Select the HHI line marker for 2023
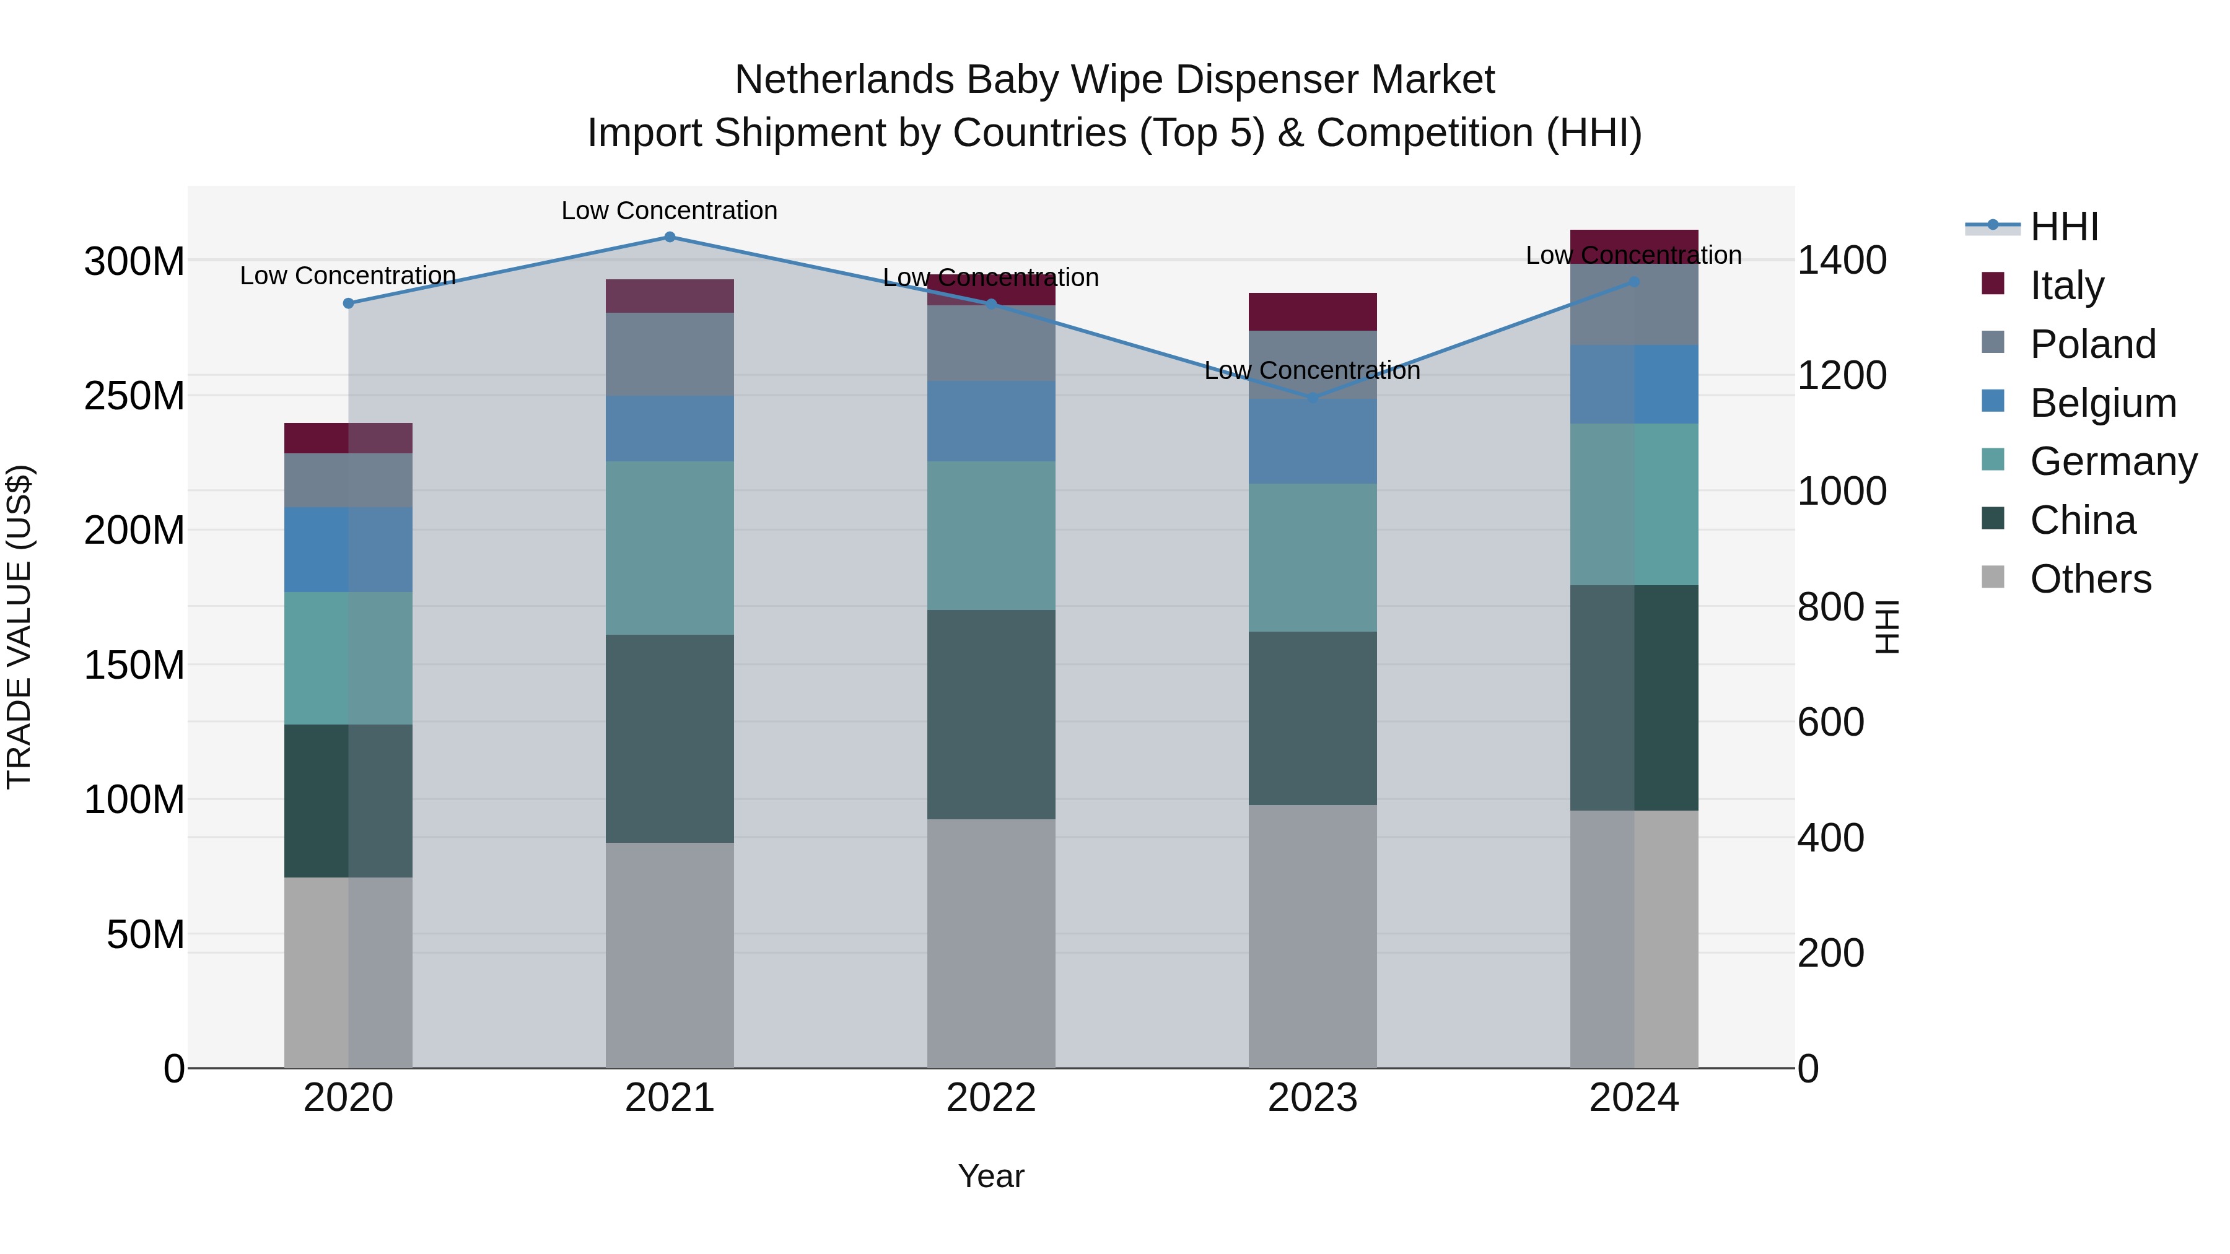pyautogui.click(x=1313, y=397)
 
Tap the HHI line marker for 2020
pyautogui.click(x=348, y=303)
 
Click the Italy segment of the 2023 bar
pyautogui.click(x=1313, y=311)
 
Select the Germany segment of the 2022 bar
pyautogui.click(x=991, y=535)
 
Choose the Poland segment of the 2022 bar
pyautogui.click(x=991, y=342)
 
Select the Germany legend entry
pyautogui.click(x=2112, y=461)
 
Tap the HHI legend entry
pyautogui.click(x=2064, y=227)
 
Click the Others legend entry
pyautogui.click(x=2090, y=579)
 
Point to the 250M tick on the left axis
pyautogui.click(x=134, y=396)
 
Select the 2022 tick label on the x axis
pyautogui.click(x=991, y=1098)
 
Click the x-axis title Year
pyautogui.click(x=991, y=1176)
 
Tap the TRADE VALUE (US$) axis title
pyautogui.click(x=19, y=627)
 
